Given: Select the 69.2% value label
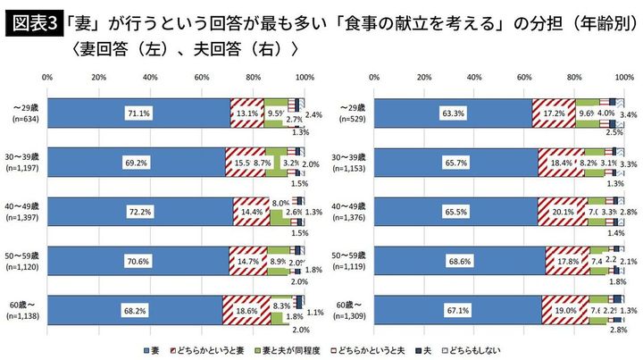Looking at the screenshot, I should click(x=138, y=163).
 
